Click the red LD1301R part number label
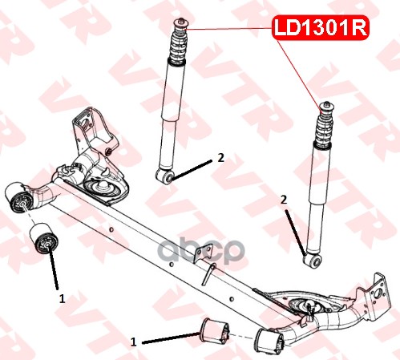coord(321,27)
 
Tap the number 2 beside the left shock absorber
coord(220,158)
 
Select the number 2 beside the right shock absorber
coord(284,200)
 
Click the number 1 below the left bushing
coord(62,298)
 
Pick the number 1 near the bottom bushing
coord(134,342)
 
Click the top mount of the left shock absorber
coord(181,24)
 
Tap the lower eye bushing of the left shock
coord(165,176)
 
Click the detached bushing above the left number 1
coord(43,238)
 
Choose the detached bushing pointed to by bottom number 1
coord(215,330)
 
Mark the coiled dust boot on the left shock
coord(179,47)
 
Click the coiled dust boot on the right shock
coord(324,130)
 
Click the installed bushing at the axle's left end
coord(19,198)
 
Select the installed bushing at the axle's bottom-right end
coord(269,342)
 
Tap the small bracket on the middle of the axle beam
coord(204,253)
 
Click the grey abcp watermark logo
coord(201,250)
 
